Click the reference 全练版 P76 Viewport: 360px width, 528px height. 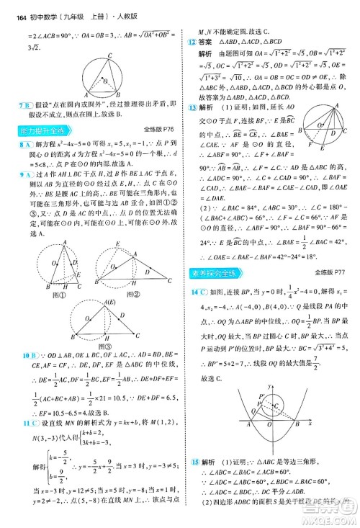pos(159,130)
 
